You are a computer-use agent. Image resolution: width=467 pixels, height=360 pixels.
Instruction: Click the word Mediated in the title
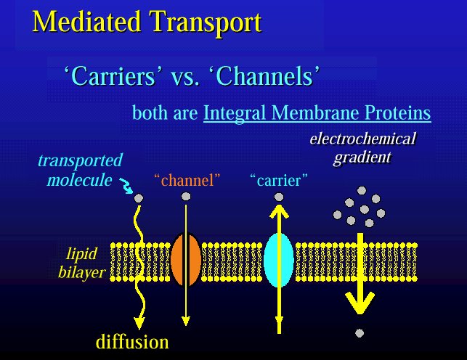[86, 22]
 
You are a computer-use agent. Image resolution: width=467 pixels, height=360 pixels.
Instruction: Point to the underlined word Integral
[235, 113]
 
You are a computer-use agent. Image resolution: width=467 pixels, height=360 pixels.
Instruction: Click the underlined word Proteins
[397, 112]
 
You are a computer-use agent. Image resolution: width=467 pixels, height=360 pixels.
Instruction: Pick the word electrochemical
[362, 139]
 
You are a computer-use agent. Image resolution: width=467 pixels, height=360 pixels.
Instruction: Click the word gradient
[362, 157]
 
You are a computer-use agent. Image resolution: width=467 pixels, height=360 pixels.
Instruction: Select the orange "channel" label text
[187, 180]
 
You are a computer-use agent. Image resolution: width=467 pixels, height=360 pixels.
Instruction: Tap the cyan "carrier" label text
[279, 180]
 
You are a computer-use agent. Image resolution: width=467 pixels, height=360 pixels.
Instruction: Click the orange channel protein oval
[186, 259]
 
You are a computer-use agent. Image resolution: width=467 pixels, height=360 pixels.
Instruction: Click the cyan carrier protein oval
[279, 260]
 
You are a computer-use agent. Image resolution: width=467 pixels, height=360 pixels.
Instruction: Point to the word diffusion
[132, 342]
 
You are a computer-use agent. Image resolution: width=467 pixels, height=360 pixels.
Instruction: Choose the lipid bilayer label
[81, 263]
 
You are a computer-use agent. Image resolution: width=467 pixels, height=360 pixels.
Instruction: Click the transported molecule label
[80, 170]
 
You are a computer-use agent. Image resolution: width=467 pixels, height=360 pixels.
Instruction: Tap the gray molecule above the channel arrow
[186, 197]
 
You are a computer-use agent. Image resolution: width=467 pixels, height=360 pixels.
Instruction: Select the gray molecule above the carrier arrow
[279, 197]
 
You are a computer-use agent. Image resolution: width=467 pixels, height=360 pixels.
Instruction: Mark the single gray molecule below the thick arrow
[360, 333]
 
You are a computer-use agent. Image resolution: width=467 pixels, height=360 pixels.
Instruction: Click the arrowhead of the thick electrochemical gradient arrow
[360, 303]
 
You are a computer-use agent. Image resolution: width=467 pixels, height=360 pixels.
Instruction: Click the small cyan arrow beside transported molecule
[126, 186]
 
